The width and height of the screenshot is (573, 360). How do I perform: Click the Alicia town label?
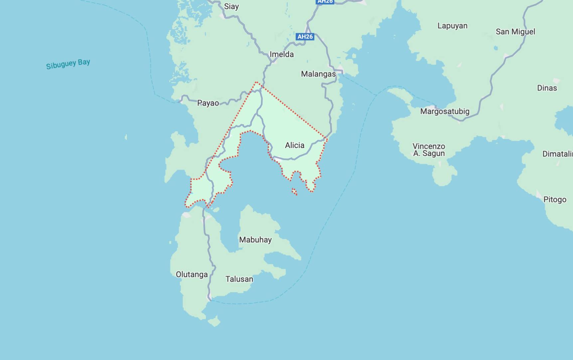295,145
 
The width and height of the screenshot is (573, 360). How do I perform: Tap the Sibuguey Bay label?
68,64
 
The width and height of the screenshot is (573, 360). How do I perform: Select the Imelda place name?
282,54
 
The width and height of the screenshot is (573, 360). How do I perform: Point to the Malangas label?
318,74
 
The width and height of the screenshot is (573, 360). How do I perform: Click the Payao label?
208,103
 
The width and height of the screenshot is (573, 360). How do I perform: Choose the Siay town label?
231,6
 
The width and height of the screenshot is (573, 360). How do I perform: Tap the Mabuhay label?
255,240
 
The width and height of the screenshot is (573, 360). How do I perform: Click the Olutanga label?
192,275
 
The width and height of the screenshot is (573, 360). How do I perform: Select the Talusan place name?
239,279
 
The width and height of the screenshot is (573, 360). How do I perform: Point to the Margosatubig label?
445,111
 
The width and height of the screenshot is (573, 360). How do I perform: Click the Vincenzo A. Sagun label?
429,150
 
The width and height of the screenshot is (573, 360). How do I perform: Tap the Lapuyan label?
452,26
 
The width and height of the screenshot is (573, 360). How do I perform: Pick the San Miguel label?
515,32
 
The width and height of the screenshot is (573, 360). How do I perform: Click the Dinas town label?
547,88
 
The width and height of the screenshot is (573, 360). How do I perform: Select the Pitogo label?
555,199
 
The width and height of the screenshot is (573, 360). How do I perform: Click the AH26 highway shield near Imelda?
305,37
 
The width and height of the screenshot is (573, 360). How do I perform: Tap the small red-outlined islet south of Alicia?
294,191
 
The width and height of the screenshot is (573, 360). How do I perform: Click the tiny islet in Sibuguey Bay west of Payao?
126,137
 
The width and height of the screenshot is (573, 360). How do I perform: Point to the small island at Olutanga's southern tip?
214,321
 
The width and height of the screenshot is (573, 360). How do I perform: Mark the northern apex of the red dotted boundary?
256,82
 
